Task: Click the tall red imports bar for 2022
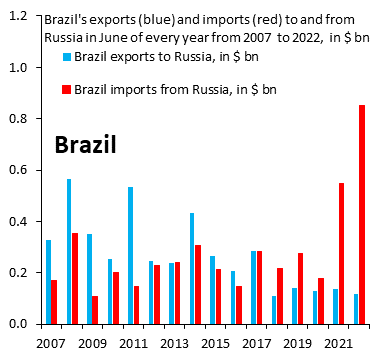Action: (x=362, y=214)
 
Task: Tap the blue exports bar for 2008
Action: (x=69, y=251)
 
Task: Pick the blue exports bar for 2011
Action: (x=130, y=255)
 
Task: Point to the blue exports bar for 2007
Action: (x=48, y=281)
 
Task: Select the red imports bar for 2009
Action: (x=96, y=309)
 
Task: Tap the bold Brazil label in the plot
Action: (x=85, y=145)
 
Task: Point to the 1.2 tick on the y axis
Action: (x=20, y=17)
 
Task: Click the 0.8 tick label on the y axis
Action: (x=20, y=119)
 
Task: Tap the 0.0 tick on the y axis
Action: (x=20, y=324)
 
